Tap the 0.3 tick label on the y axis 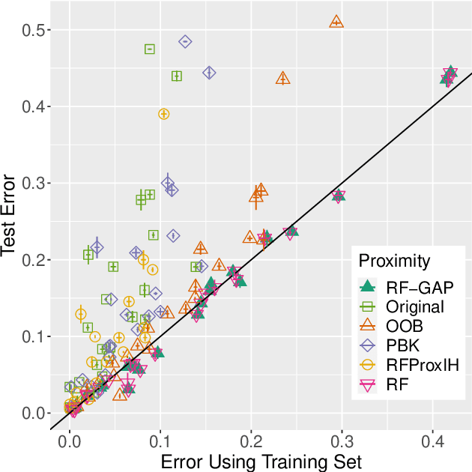coord(31,184)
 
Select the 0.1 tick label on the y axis coord(31,337)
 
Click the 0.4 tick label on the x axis coord(432,441)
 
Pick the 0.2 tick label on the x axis coord(251,441)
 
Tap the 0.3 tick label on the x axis coord(342,441)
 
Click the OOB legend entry coord(405,326)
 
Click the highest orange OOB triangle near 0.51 coord(336,22)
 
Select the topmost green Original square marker coord(150,49)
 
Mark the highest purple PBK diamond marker coord(185,41)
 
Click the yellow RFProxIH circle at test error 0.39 coord(164,114)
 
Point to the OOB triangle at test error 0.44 coord(283,79)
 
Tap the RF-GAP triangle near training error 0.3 coord(339,196)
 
